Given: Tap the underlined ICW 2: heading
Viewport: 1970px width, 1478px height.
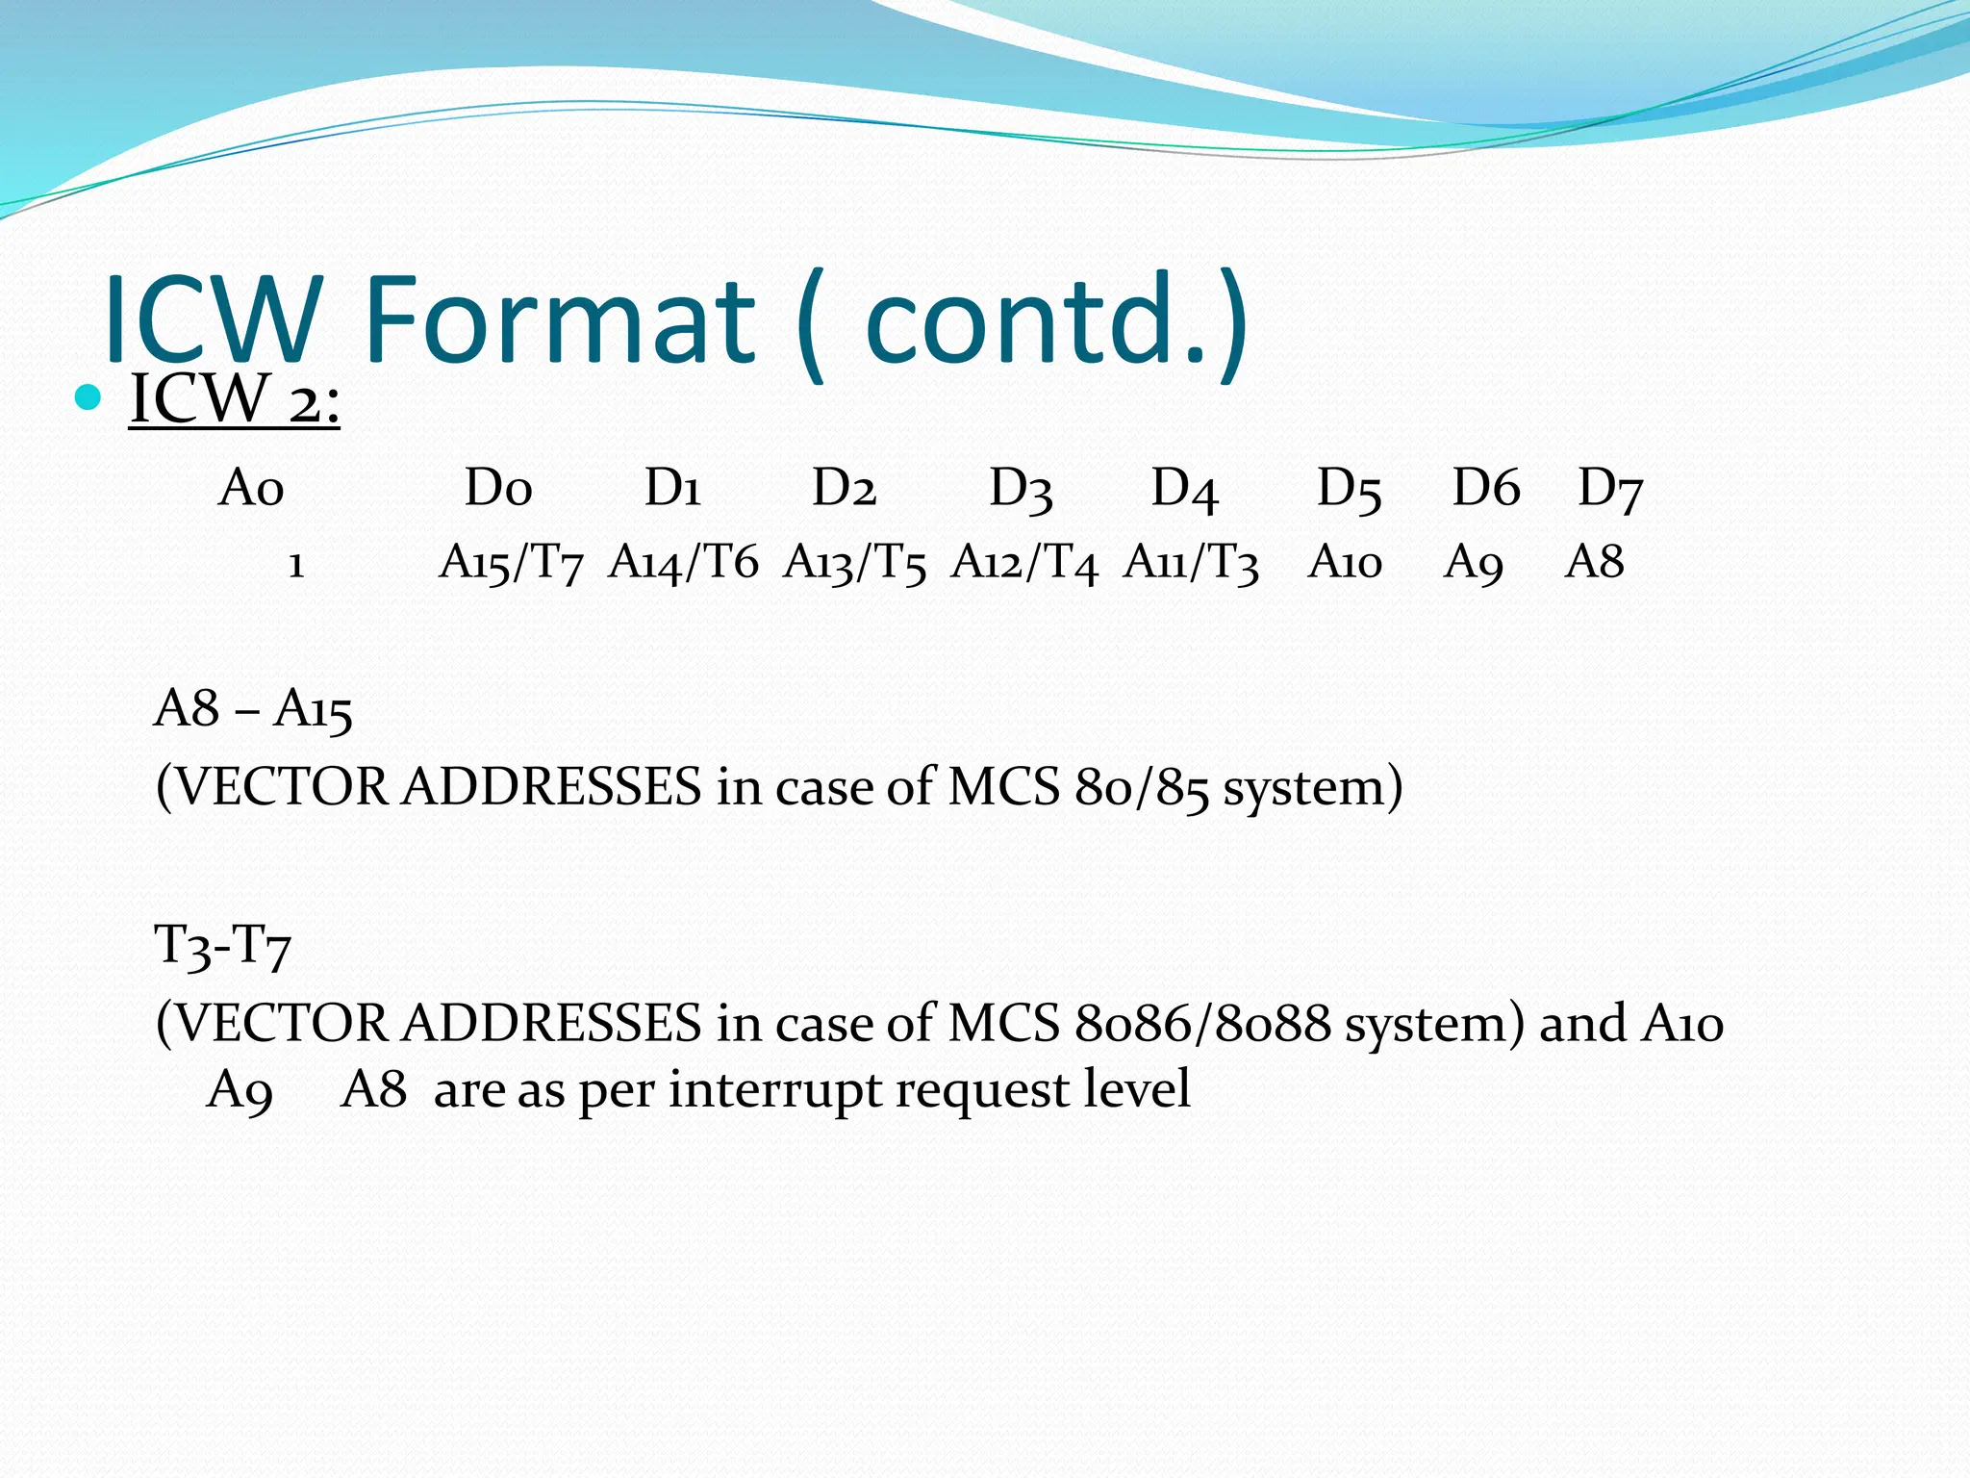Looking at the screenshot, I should coord(235,399).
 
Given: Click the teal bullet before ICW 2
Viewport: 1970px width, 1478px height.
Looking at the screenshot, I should coord(88,396).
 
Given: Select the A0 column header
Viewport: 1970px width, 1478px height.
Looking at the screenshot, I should coord(251,488).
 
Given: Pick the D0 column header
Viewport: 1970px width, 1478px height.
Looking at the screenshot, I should coord(498,488).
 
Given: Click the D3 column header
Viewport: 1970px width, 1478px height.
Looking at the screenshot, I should coord(1022,489).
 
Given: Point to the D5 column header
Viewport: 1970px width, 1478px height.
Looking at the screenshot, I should coord(1350,489).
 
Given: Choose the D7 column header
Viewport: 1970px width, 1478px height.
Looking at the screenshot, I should coord(1611,489).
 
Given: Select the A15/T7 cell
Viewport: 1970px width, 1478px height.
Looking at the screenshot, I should coord(511,563).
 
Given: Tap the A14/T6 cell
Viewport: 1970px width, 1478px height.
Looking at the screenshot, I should coord(683,563).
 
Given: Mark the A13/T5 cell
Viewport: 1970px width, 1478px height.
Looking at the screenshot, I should coord(854,563).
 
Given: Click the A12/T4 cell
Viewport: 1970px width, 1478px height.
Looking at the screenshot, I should coord(1024,563).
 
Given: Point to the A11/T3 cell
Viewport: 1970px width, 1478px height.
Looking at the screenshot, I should coord(1191,563).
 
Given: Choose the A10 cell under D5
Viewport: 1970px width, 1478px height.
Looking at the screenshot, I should coord(1345,562).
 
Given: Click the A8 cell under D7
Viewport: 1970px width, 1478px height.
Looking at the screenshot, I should coord(1594,562).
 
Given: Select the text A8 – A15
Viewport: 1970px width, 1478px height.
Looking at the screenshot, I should coord(253,710).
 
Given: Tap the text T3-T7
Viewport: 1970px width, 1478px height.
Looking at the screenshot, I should coord(222,946).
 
